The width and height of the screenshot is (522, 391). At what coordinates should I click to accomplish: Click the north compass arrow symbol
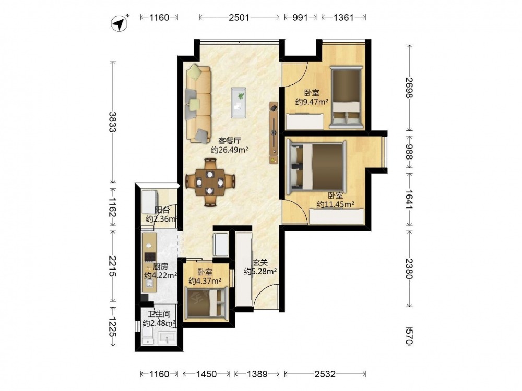120,23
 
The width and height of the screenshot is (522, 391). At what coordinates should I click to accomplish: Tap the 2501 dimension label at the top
239,17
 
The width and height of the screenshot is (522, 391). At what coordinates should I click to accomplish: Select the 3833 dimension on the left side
113,121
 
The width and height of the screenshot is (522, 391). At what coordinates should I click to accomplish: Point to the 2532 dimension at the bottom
325,374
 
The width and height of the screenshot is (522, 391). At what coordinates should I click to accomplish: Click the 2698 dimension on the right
409,88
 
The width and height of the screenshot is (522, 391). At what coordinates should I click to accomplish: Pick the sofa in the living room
198,104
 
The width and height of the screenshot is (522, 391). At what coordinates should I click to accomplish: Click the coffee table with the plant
239,102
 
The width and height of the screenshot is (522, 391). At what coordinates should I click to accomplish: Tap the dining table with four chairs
210,182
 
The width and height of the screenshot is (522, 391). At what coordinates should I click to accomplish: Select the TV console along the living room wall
274,132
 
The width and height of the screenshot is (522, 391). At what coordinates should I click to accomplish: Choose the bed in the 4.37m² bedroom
207,302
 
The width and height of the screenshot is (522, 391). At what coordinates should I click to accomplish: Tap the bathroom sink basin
168,338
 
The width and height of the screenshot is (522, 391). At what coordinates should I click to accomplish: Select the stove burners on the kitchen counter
149,256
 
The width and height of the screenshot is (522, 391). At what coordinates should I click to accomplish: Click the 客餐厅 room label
230,141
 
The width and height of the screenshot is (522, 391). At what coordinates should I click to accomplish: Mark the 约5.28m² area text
260,272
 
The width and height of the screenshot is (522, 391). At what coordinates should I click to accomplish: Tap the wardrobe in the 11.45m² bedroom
337,217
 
